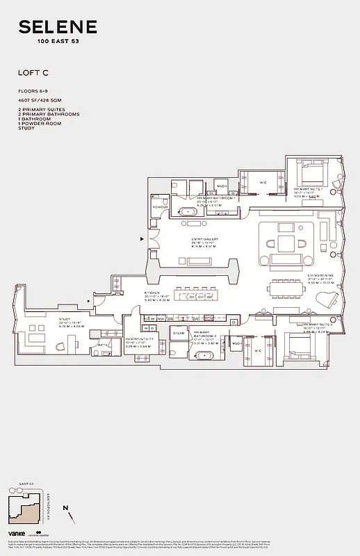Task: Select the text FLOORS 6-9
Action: click(x=34, y=92)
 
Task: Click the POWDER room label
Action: click(x=161, y=206)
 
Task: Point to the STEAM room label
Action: click(x=179, y=334)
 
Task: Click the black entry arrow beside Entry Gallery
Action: click(x=142, y=238)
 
